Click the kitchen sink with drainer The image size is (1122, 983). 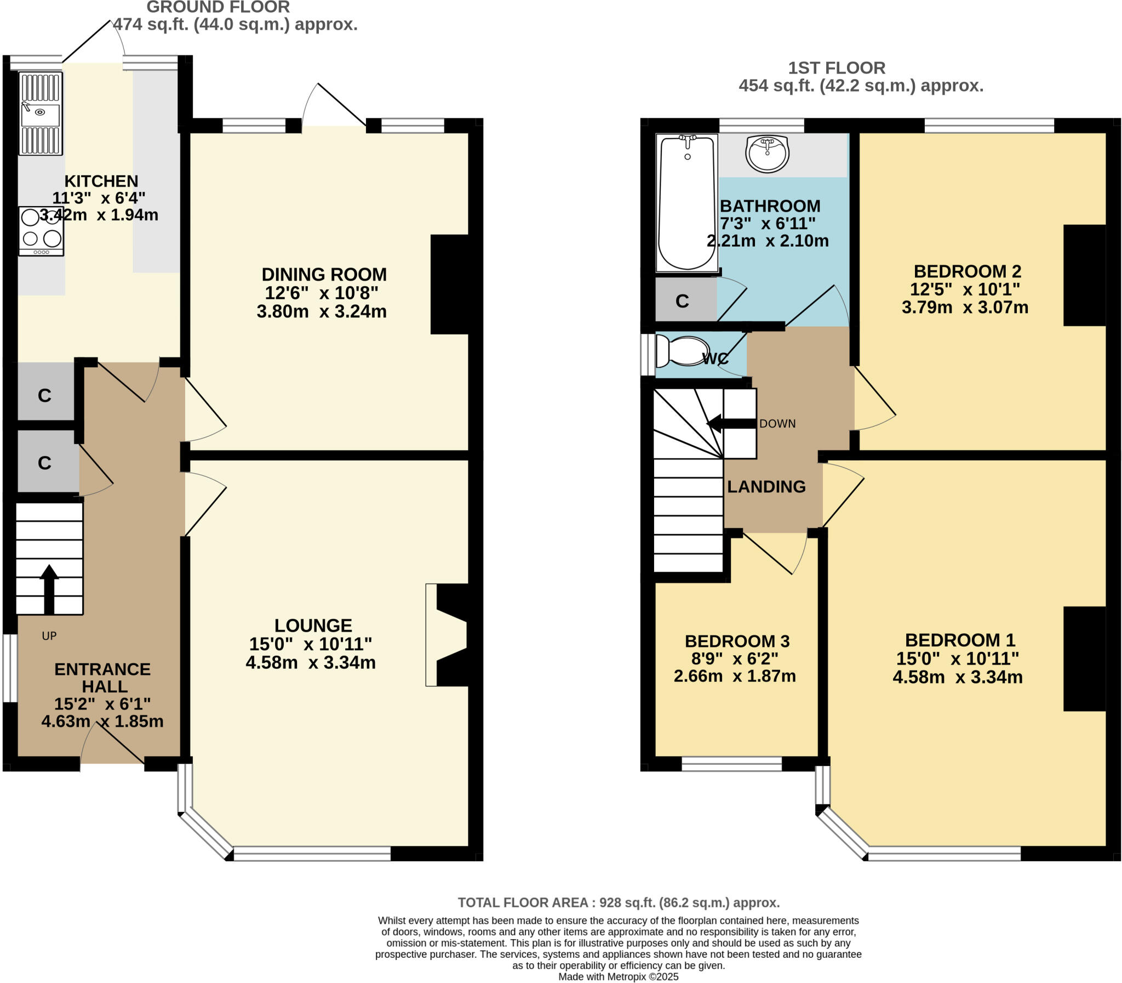[41, 113]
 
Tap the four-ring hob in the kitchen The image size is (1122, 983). [41, 231]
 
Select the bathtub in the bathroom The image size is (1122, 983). [688, 203]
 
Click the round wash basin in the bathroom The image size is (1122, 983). [767, 153]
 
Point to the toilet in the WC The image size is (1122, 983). [683, 351]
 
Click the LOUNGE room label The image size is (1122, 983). [313, 626]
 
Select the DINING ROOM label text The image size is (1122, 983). [324, 274]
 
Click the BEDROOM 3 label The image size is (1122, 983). [737, 641]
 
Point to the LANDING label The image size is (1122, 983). [766, 486]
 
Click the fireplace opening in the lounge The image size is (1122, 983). [446, 635]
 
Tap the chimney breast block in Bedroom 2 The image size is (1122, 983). [1084, 275]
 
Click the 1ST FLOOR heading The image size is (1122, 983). [836, 68]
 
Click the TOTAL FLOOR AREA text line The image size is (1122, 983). [619, 902]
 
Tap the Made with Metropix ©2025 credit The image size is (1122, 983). [618, 977]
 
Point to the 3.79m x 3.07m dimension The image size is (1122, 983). [964, 307]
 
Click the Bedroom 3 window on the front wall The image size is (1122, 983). [731, 764]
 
